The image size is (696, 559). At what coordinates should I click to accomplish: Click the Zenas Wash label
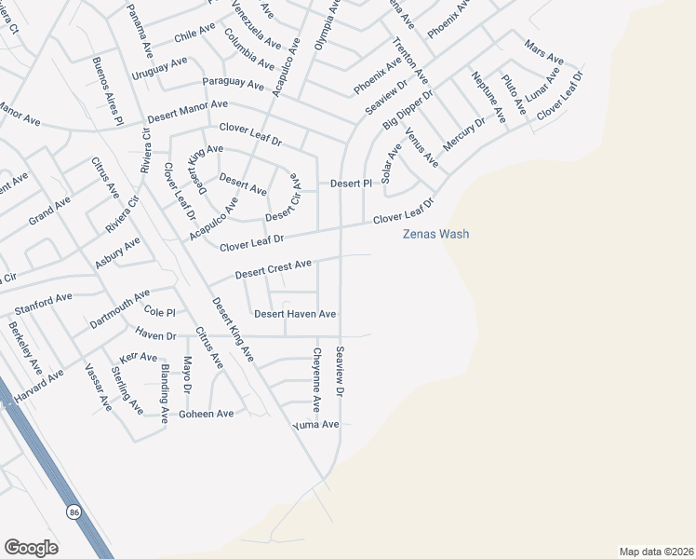point(435,234)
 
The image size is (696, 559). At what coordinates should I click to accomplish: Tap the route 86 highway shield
point(74,511)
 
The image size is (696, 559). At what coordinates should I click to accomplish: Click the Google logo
point(32,547)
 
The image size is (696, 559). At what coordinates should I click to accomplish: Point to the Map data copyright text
point(656,551)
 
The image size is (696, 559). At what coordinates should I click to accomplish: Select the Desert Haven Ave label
point(295,314)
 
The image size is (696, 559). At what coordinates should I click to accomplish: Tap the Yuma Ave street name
point(315,424)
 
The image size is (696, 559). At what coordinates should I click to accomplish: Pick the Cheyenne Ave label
point(317,379)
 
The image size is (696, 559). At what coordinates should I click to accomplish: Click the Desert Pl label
point(351,184)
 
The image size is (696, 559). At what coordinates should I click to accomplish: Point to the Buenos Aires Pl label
point(107,90)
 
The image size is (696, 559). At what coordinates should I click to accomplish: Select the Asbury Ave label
point(117,252)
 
